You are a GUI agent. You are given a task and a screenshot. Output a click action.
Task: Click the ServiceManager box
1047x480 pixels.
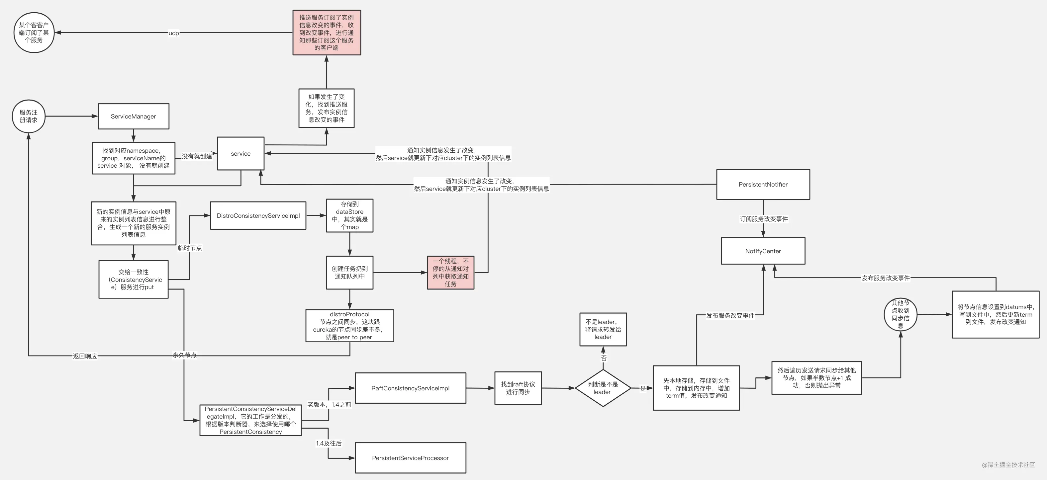(133, 116)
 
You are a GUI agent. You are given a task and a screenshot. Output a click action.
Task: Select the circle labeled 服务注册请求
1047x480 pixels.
(29, 116)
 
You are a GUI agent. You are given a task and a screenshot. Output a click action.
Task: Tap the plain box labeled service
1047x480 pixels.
(240, 153)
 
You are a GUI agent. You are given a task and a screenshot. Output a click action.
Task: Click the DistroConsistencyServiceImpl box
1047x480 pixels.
(258, 216)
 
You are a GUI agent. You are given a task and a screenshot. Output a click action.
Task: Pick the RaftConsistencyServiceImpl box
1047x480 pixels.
(410, 388)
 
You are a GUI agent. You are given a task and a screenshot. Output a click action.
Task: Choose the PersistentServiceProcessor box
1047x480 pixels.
(410, 458)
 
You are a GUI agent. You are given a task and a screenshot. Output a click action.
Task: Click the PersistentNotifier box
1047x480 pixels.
(763, 184)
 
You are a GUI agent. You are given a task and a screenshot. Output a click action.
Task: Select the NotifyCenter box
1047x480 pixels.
(763, 251)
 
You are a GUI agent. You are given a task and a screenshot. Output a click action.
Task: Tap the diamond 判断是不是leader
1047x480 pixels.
(603, 388)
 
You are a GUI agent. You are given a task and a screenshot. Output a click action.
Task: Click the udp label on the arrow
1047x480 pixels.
(173, 33)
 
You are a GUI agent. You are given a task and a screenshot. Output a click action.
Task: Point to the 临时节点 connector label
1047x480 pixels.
(190, 248)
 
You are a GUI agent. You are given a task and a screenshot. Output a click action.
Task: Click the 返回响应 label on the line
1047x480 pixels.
(85, 356)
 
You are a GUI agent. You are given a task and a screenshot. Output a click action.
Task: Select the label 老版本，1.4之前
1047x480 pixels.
(329, 404)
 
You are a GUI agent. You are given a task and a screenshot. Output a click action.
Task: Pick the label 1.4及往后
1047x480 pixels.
(329, 443)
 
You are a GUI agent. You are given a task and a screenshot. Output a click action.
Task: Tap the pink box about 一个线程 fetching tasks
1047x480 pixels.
(450, 273)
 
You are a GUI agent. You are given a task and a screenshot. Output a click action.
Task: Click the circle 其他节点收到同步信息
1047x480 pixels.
(900, 314)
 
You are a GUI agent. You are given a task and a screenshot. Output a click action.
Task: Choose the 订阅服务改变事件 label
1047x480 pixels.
(763, 219)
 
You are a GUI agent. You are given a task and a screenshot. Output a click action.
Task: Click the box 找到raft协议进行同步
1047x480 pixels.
(518, 388)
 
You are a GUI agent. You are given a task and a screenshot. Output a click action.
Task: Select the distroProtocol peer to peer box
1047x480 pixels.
(349, 326)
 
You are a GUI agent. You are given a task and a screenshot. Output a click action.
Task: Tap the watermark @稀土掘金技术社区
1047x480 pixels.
(1008, 465)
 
